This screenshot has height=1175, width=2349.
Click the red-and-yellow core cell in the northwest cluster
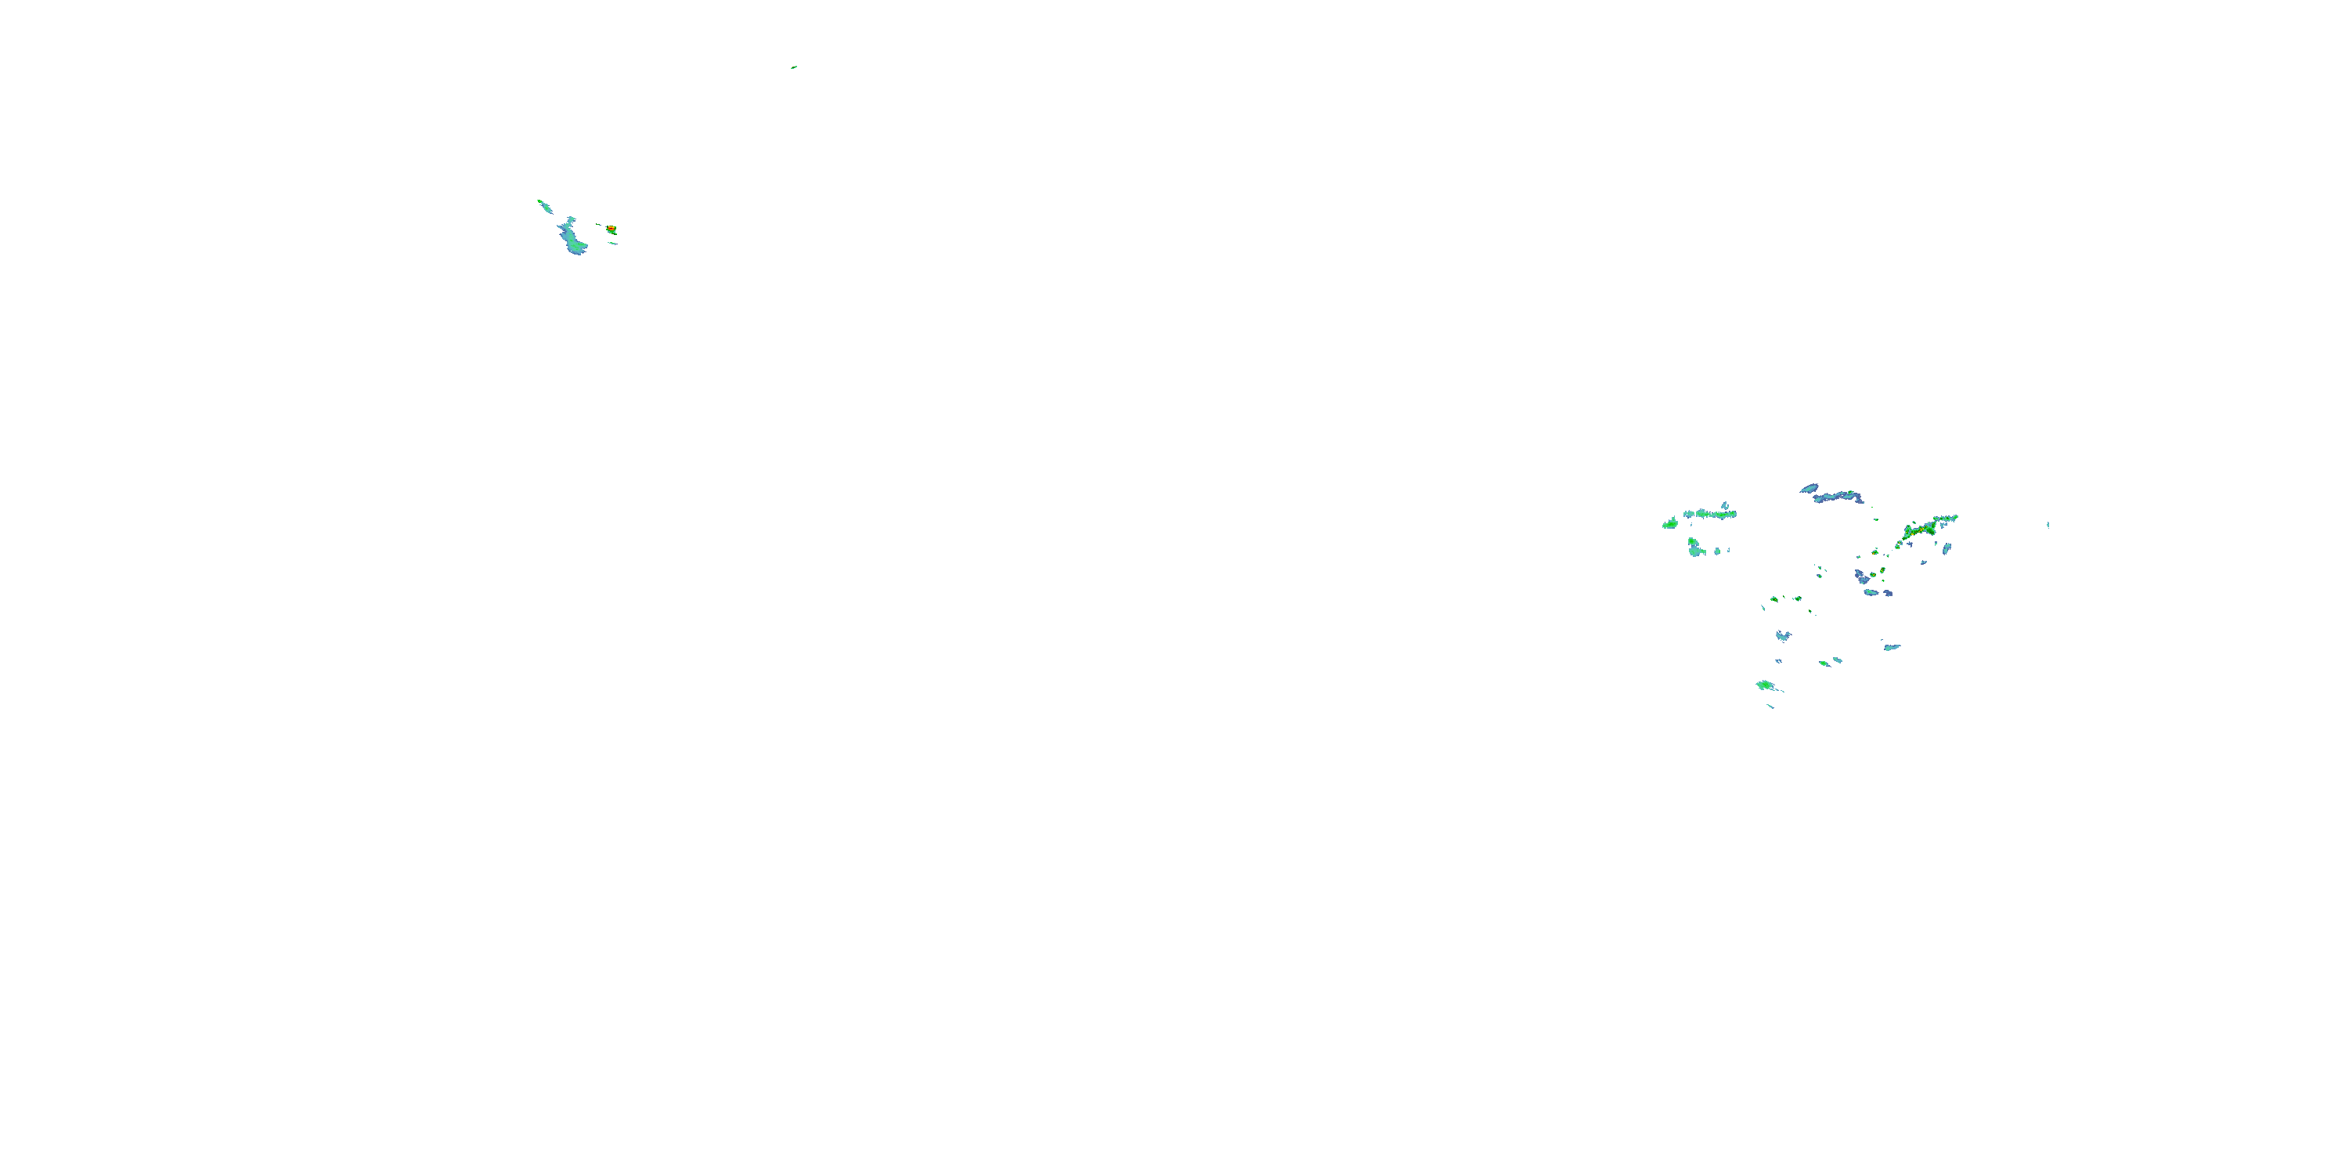click(x=611, y=229)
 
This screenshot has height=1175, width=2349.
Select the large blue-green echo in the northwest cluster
click(x=572, y=237)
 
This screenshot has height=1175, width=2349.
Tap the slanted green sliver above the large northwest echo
click(x=544, y=206)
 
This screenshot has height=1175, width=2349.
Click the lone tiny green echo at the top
click(x=794, y=67)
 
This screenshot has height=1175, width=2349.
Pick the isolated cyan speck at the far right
click(x=2048, y=525)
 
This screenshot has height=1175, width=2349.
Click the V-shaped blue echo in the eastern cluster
click(x=1783, y=635)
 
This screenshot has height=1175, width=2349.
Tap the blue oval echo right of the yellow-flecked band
click(x=1946, y=548)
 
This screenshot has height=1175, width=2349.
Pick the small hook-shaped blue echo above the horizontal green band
click(x=1724, y=504)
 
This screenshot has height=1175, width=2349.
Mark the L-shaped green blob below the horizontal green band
click(x=1695, y=548)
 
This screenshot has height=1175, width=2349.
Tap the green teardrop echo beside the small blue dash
click(x=1824, y=663)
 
